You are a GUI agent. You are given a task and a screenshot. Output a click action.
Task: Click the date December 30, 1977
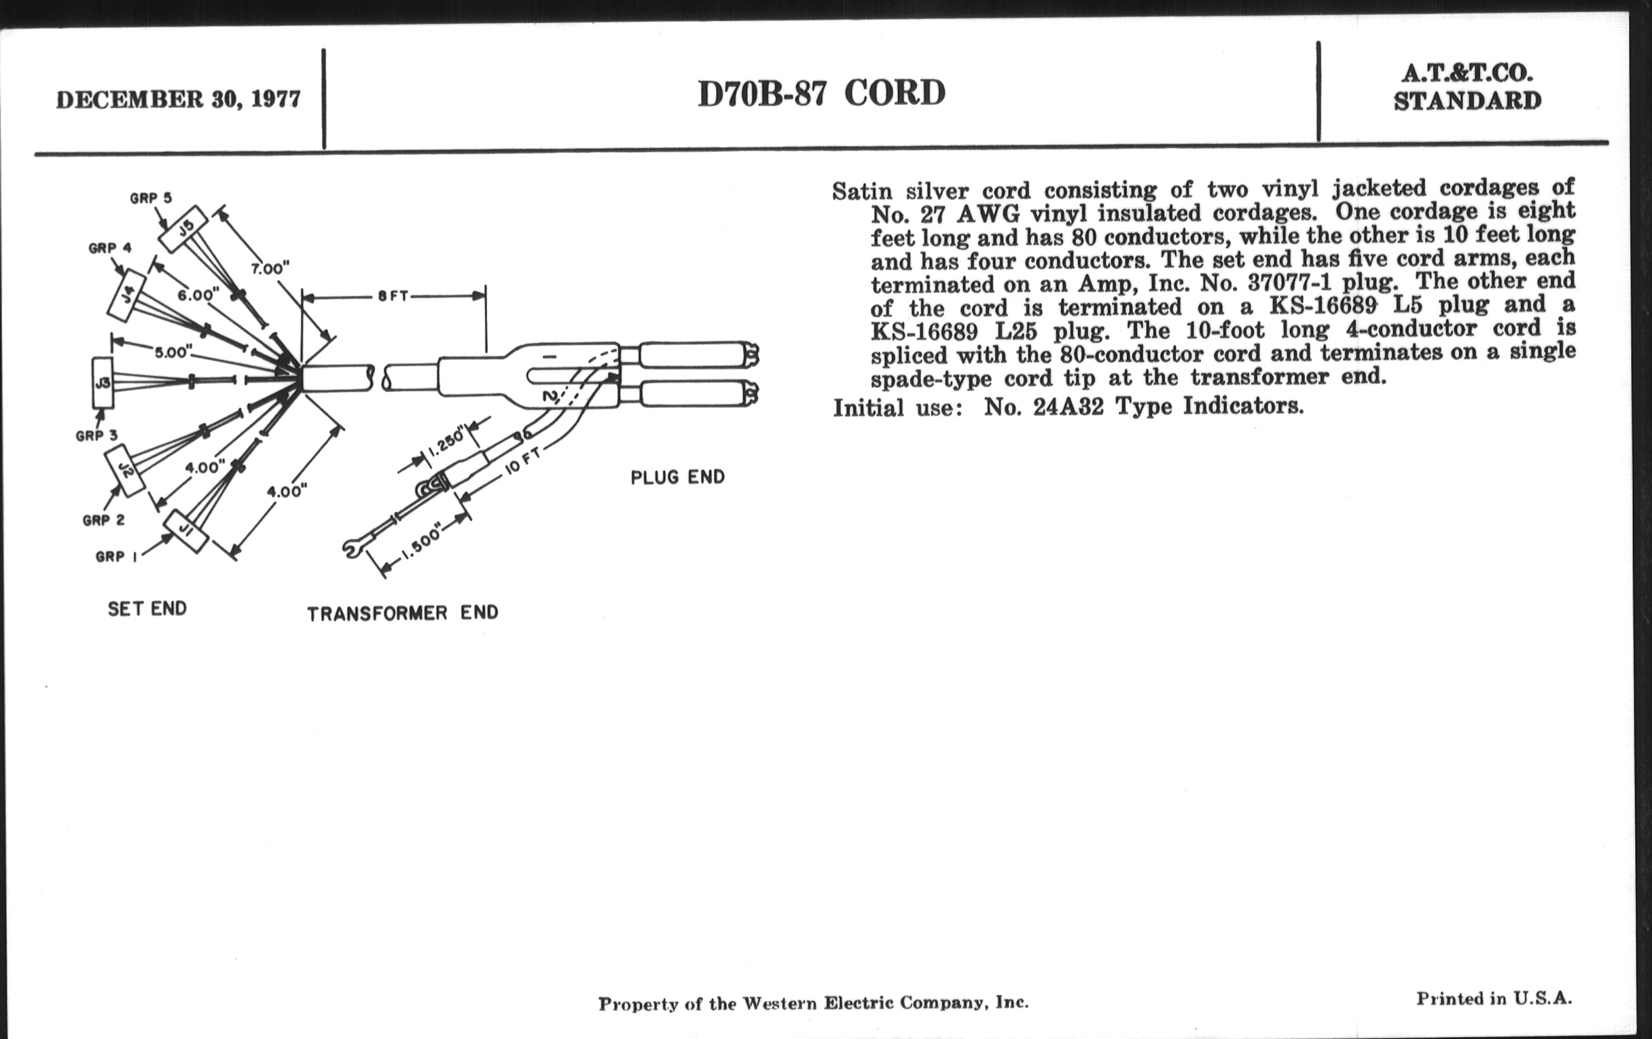click(178, 100)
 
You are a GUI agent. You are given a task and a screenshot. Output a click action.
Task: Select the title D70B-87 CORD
click(821, 94)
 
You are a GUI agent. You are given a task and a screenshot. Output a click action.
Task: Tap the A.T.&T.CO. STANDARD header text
click(1467, 87)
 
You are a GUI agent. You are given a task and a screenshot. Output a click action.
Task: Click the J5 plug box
click(183, 229)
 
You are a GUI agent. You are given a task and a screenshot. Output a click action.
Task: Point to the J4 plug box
click(128, 295)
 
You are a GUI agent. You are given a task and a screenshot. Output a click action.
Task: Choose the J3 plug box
click(103, 383)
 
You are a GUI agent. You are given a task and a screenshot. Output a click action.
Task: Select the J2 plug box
click(125, 470)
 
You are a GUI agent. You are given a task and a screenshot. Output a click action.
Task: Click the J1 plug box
click(185, 531)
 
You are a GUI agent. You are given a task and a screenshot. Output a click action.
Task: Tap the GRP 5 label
click(150, 198)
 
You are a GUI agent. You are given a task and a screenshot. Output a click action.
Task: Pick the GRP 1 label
click(116, 557)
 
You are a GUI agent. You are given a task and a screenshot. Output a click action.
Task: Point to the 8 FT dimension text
click(393, 296)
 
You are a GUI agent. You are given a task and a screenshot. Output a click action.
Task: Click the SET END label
click(147, 609)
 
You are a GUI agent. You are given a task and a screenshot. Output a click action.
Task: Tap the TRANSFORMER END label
click(403, 613)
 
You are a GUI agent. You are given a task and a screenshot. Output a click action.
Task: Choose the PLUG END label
click(677, 477)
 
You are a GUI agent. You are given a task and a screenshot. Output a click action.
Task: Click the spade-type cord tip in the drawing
click(351, 548)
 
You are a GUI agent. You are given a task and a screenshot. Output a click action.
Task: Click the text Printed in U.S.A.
click(1494, 998)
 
